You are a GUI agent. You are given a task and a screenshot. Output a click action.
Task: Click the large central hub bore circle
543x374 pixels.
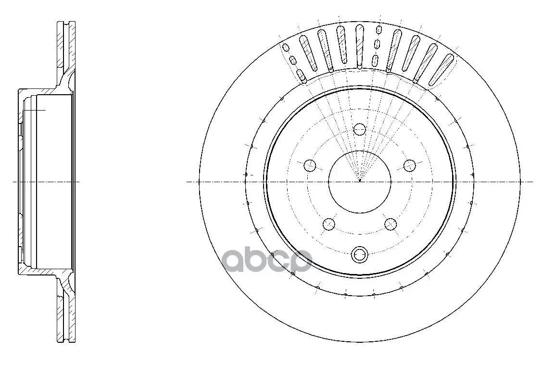click(x=328, y=182)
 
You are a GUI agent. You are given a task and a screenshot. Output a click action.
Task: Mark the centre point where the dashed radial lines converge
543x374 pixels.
click(x=360, y=180)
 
